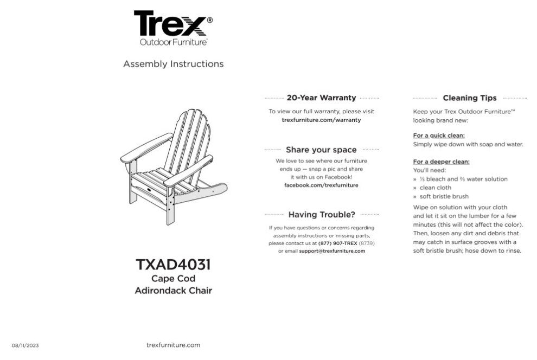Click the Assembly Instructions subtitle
click(173, 64)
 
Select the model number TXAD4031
click(173, 265)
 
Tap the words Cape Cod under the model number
click(173, 279)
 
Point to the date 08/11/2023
click(25, 345)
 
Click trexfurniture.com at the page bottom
click(173, 345)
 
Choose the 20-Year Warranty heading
click(321, 98)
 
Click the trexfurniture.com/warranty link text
click(321, 120)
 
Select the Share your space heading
click(321, 150)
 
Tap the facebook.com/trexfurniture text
click(321, 185)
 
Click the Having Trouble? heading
click(321, 214)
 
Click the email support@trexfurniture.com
click(331, 251)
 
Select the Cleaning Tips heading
click(469, 98)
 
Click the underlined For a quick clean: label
click(438, 136)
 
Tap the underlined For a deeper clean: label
click(441, 162)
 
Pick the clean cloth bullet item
click(435, 188)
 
